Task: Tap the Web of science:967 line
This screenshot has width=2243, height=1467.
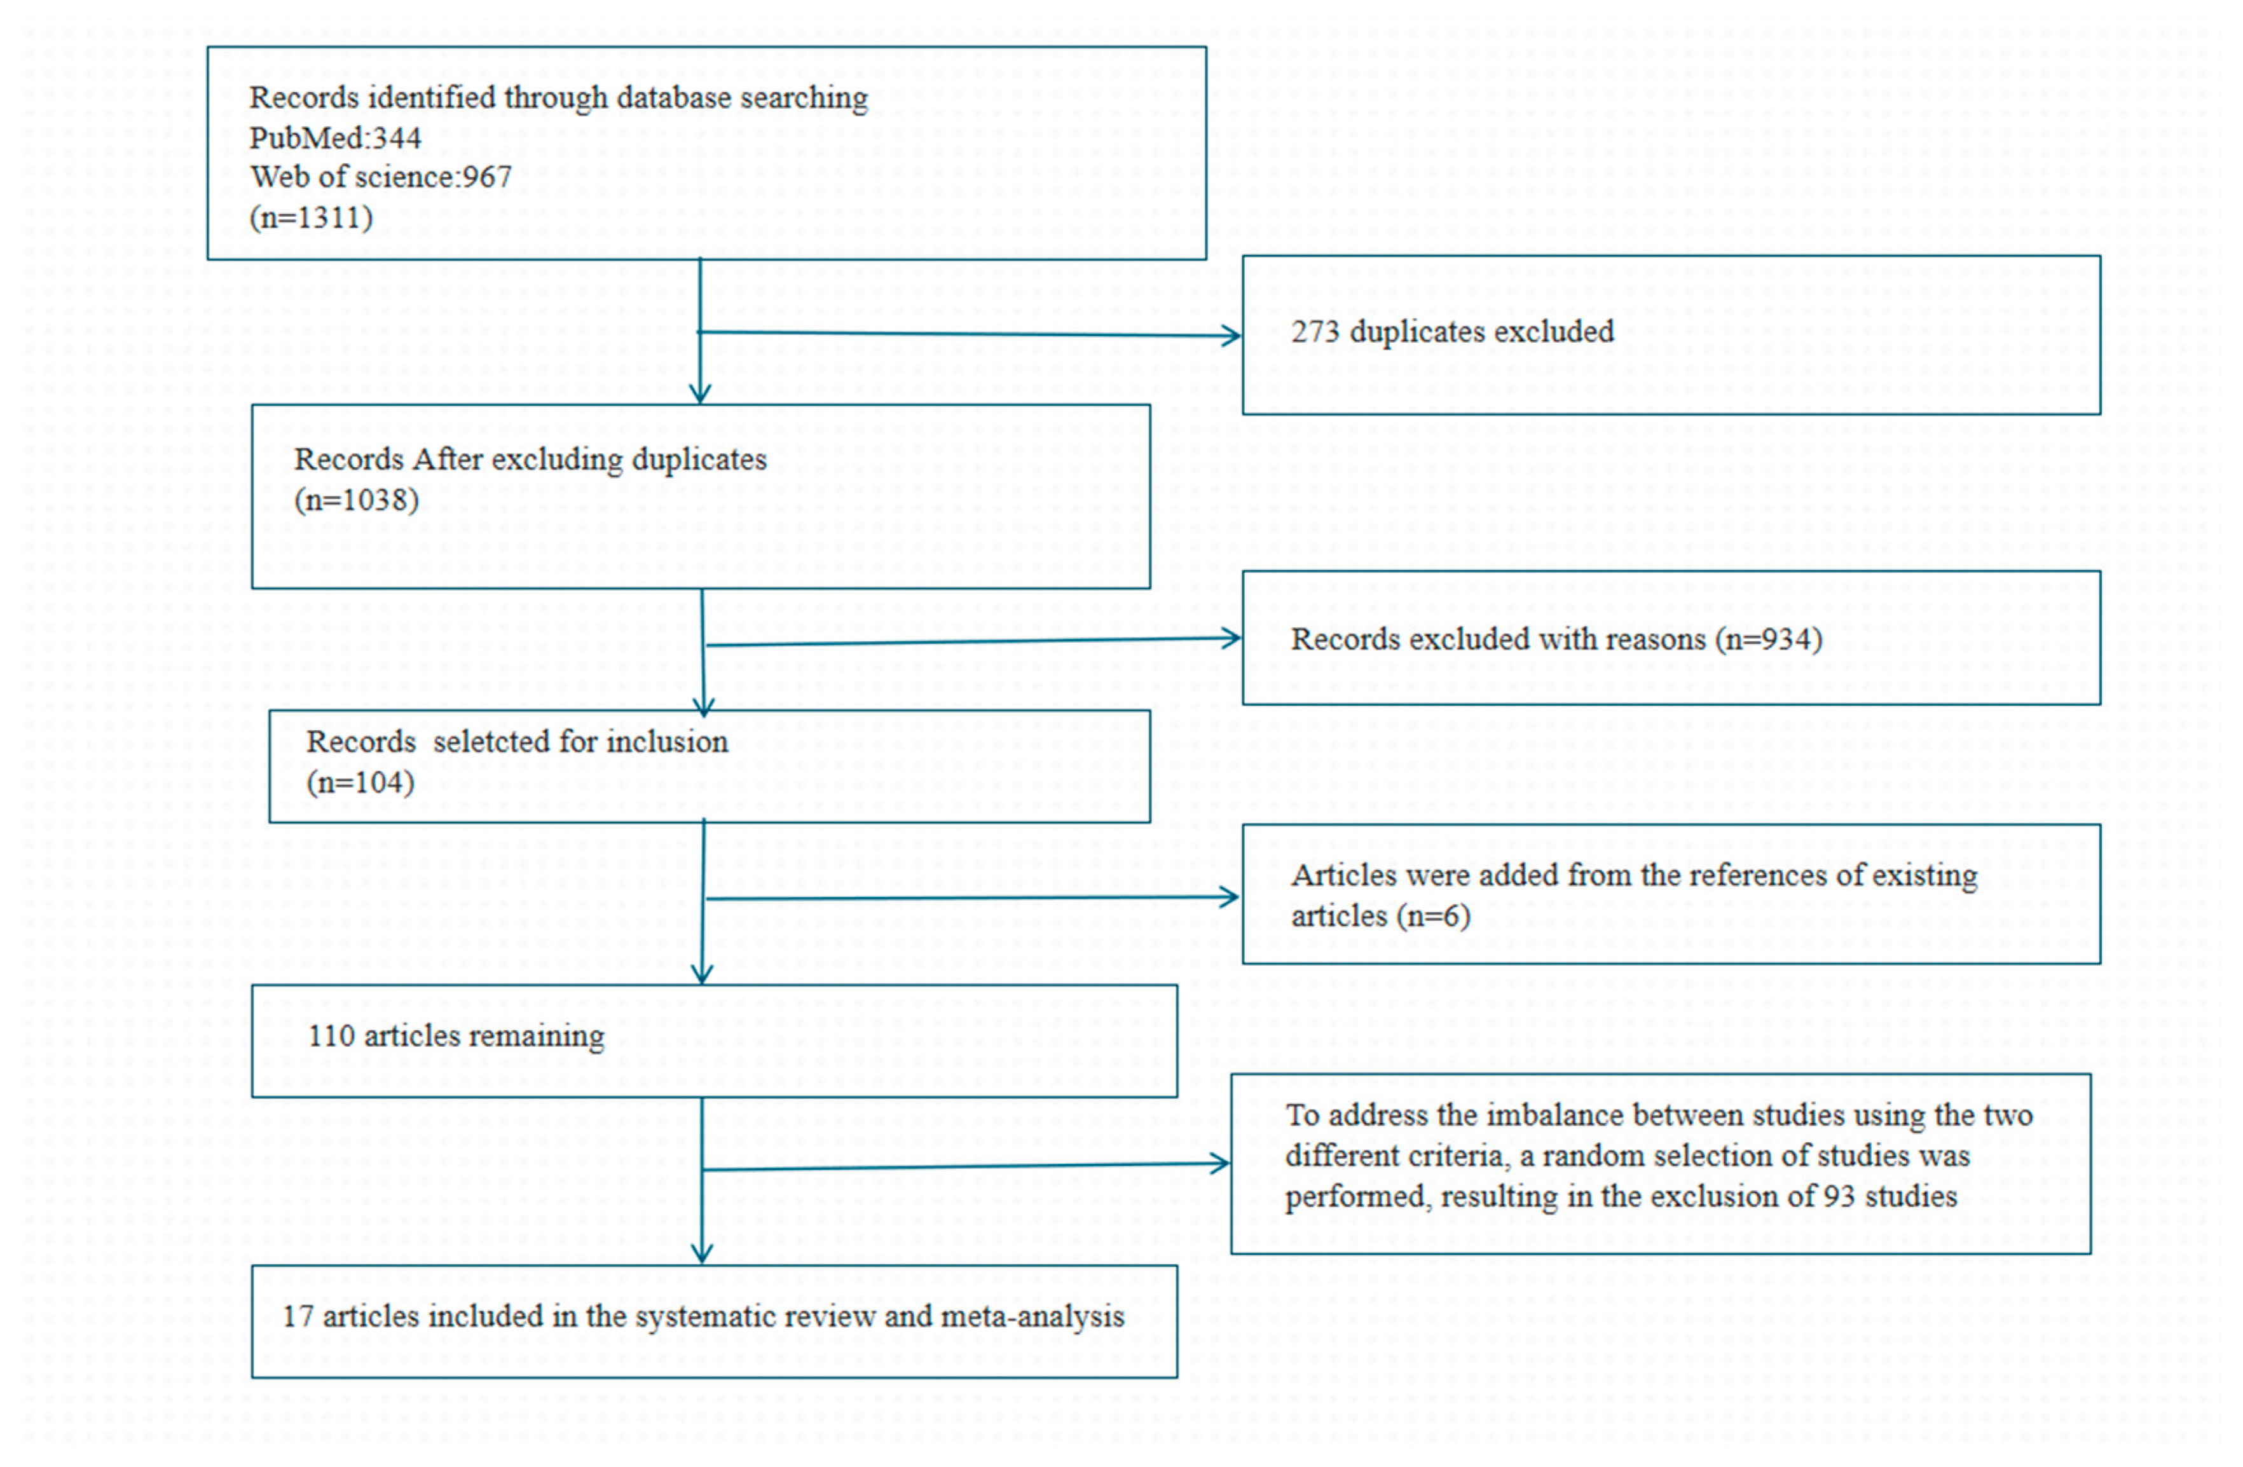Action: pyautogui.click(x=381, y=177)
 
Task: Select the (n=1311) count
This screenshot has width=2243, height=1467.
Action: pyautogui.click(x=311, y=217)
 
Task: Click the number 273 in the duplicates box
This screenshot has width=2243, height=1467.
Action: pyautogui.click(x=1315, y=332)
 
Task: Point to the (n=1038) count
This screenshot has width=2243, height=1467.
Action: pyautogui.click(x=356, y=500)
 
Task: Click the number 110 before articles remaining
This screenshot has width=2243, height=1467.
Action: pyautogui.click(x=331, y=1037)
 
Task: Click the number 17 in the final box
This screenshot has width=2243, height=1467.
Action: pyautogui.click(x=298, y=1316)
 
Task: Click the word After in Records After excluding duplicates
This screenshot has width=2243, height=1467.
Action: pyautogui.click(x=448, y=460)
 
